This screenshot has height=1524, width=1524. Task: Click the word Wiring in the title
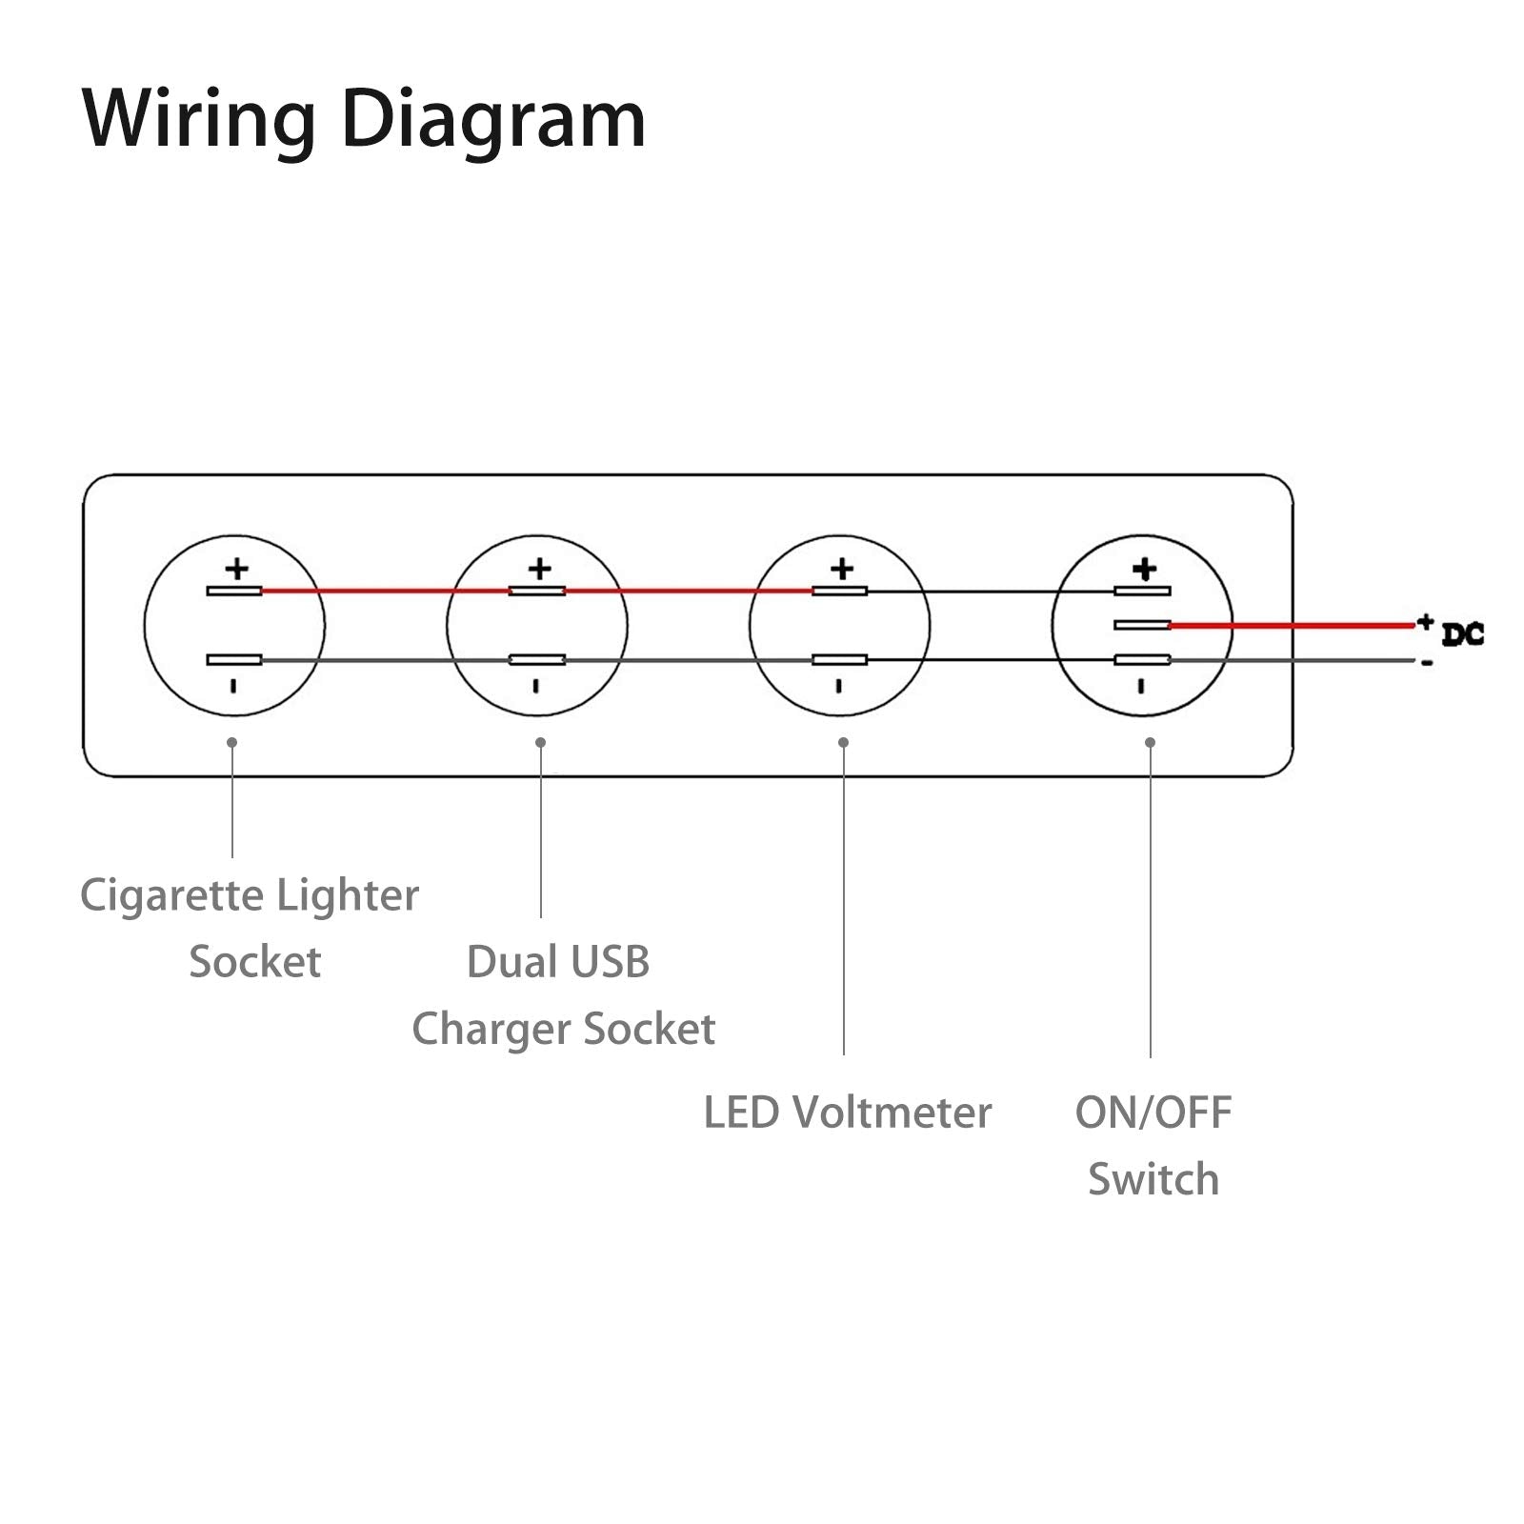click(199, 120)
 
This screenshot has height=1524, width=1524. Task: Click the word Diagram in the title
click(493, 120)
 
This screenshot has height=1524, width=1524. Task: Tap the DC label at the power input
click(1462, 634)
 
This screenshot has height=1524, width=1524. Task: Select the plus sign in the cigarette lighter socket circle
click(236, 570)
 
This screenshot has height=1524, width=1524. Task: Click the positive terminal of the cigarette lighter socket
click(234, 592)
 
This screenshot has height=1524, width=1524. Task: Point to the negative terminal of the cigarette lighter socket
click(234, 660)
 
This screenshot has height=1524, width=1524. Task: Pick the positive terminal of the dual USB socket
click(537, 592)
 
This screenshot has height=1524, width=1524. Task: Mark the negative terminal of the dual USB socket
click(537, 660)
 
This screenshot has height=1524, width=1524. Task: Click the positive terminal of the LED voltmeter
click(839, 592)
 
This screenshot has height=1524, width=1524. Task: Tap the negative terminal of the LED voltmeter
click(839, 660)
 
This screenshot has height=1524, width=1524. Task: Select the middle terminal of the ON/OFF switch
click(1142, 625)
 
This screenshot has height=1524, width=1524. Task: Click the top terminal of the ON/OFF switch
click(1142, 592)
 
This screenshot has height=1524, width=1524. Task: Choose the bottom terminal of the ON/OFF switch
click(1142, 660)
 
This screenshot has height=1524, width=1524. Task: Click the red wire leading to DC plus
click(1291, 626)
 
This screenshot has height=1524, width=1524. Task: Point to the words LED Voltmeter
click(848, 1113)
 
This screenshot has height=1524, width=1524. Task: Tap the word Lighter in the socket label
click(347, 895)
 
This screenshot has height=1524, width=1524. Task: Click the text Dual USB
click(558, 962)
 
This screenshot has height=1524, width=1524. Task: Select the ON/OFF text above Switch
click(1153, 1113)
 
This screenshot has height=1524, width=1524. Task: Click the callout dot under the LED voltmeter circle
click(843, 742)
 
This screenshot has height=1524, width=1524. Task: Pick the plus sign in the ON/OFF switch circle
click(1144, 570)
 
